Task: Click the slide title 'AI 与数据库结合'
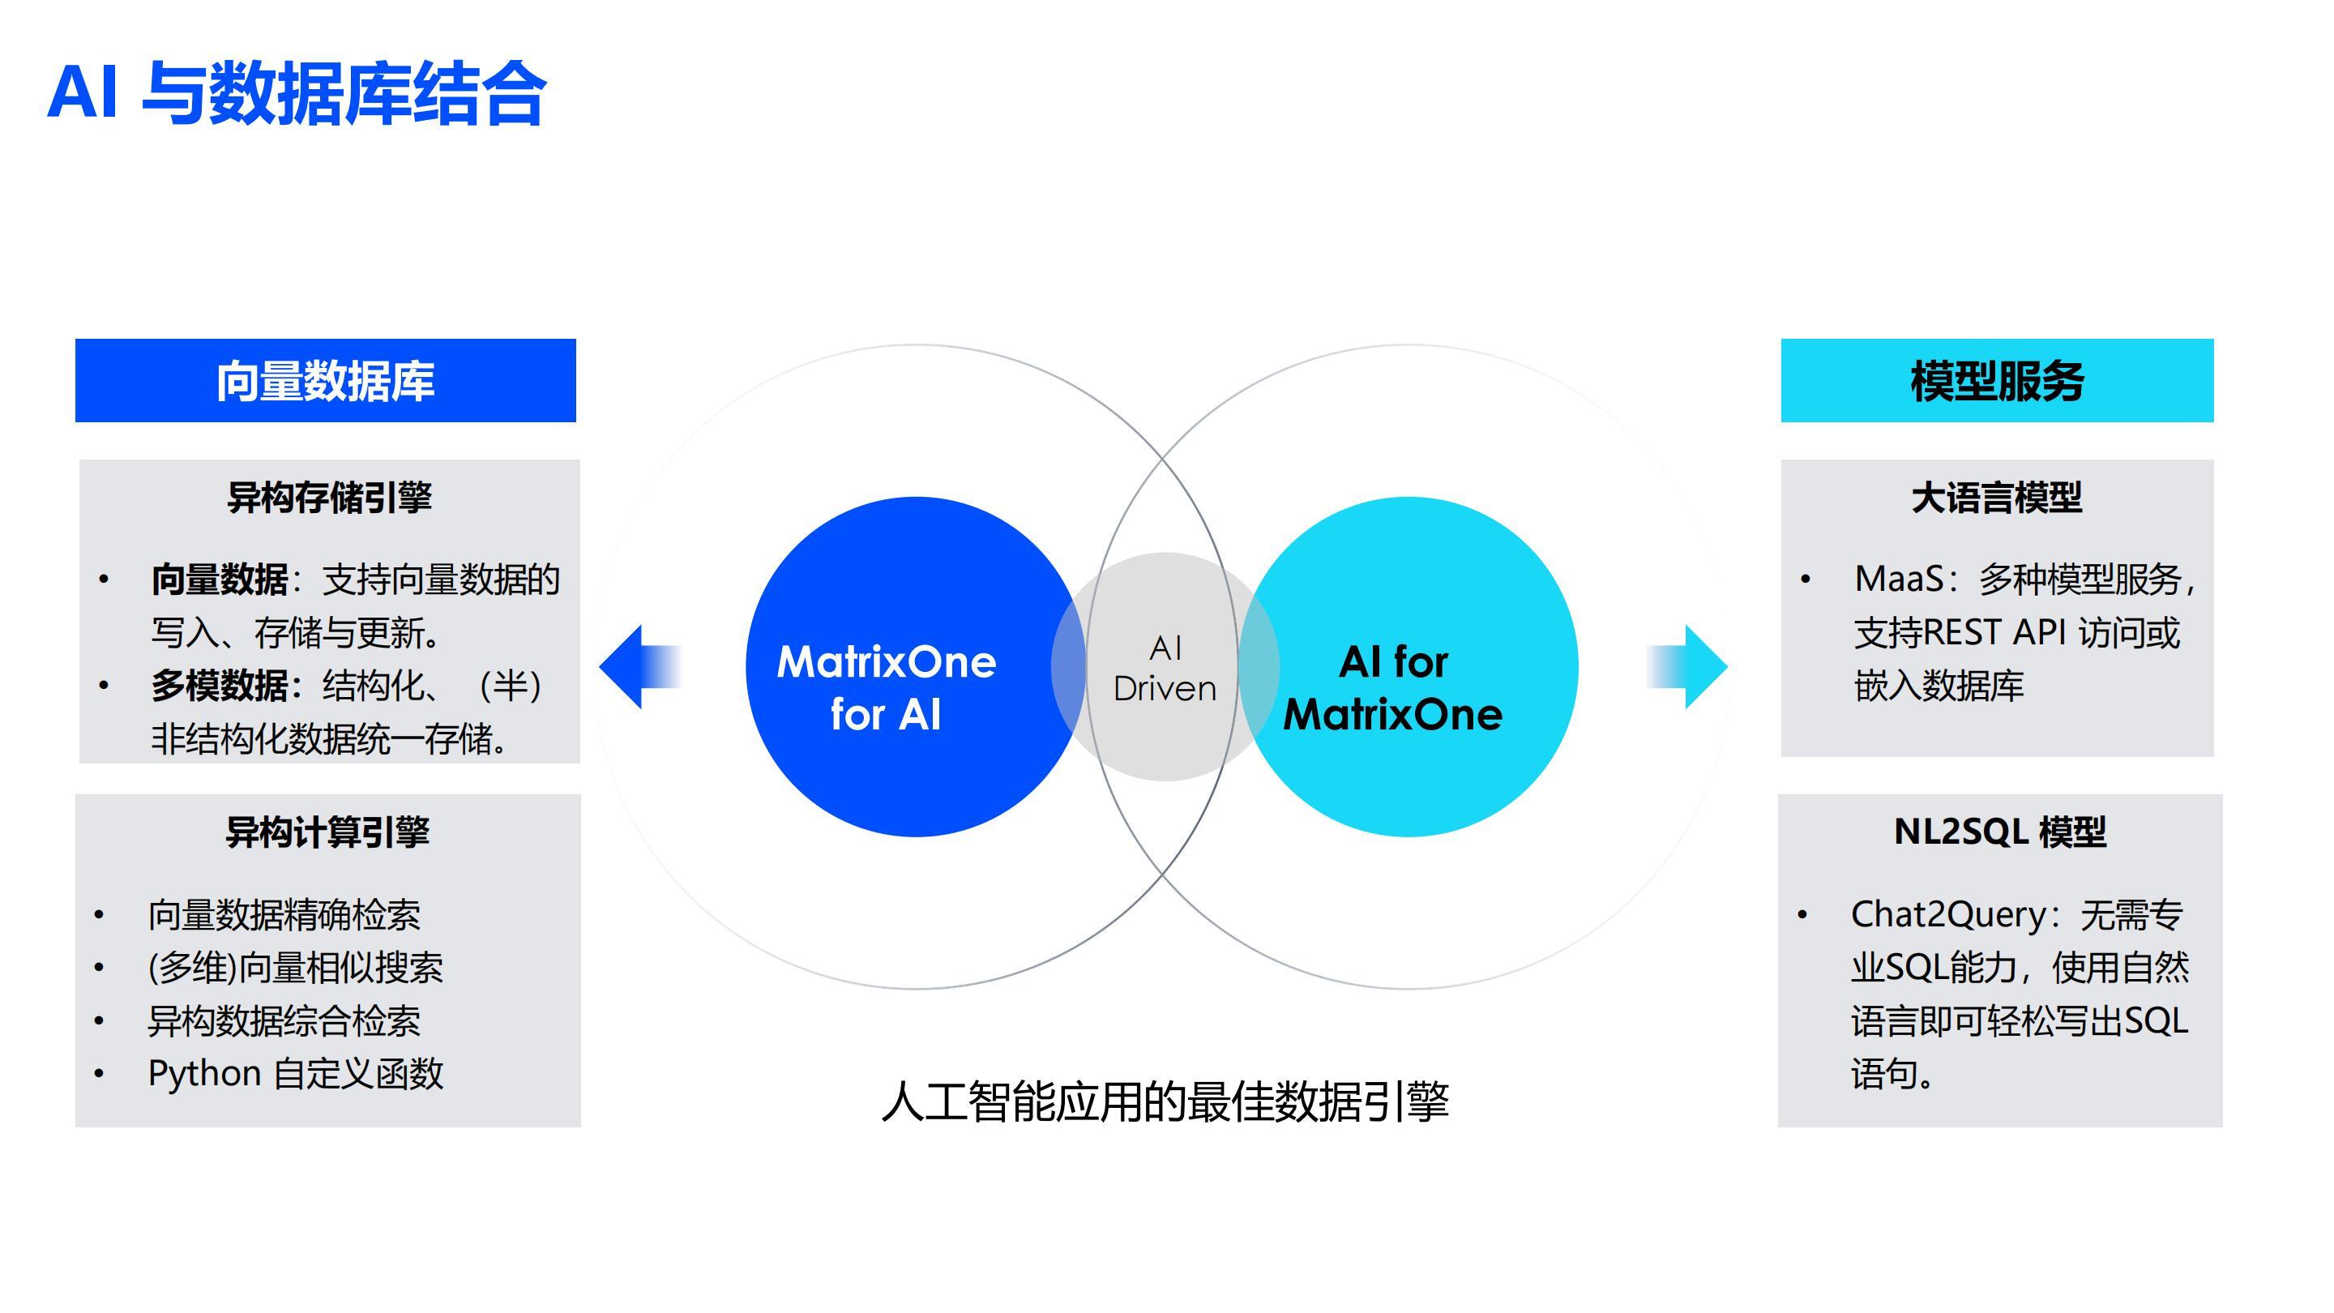point(297,93)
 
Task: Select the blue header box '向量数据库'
point(325,381)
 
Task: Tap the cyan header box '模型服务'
point(1997,381)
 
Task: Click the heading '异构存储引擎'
point(329,498)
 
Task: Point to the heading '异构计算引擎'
point(327,832)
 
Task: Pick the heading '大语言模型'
point(1997,498)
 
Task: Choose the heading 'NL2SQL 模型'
point(1999,832)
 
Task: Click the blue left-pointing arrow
point(639,667)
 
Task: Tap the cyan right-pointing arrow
point(1686,667)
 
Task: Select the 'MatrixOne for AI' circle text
point(886,688)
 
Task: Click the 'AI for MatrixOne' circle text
point(1392,688)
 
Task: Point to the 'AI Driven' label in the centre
point(1165,669)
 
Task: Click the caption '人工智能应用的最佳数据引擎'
point(1165,1102)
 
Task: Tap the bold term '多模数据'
point(220,686)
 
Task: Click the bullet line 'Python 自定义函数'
point(295,1074)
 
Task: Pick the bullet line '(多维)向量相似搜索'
point(295,968)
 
